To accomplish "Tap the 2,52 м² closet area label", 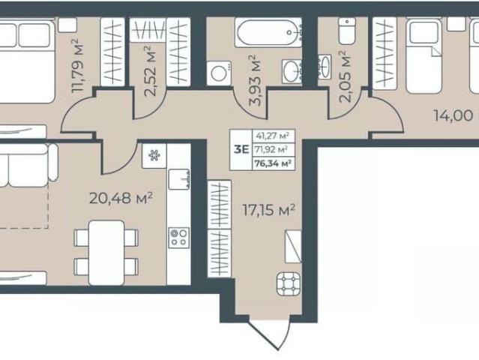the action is point(151,71).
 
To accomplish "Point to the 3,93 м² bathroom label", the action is point(256,80).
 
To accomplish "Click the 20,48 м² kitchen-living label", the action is point(121,198).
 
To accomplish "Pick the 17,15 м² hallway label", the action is point(269,210).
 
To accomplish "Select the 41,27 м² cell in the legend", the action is point(273,136).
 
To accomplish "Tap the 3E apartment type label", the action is point(241,150).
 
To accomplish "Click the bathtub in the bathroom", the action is point(268,32).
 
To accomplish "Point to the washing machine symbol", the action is point(219,73).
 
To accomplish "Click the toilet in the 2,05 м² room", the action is point(347,31).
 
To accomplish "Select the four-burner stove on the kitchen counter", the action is point(178,238).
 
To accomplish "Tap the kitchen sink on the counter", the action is point(179,179).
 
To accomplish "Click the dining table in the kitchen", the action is point(106,253).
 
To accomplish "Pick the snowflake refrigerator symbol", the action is point(154,156).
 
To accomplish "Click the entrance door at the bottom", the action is point(270,334).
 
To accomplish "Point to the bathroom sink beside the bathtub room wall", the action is point(292,71).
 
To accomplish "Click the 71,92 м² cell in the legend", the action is point(273,149).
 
